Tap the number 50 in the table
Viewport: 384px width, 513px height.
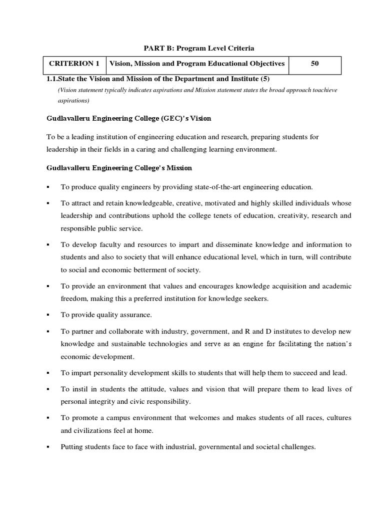[x=314, y=64]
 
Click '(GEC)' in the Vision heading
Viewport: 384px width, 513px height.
[x=146, y=119]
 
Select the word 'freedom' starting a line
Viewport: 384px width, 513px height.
[x=73, y=299]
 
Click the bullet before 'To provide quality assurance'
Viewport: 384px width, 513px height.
[x=48, y=315]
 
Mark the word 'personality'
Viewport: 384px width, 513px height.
[x=112, y=373]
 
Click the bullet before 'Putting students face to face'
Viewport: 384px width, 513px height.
[x=48, y=446]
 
